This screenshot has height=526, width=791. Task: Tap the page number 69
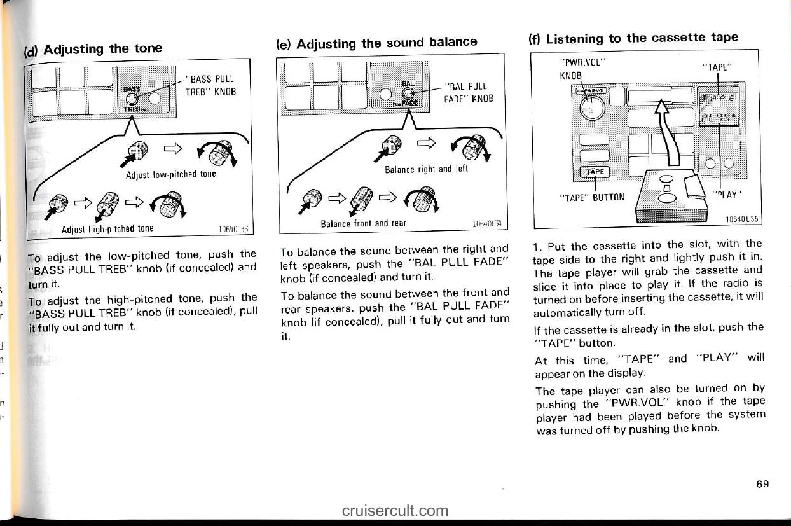[762, 484]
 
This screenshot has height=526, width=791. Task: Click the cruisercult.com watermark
[394, 510]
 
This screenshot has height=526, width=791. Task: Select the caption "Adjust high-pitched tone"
[107, 229]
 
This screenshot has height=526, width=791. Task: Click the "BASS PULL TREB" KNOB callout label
[210, 85]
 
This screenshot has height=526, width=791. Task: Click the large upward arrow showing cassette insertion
[661, 134]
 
